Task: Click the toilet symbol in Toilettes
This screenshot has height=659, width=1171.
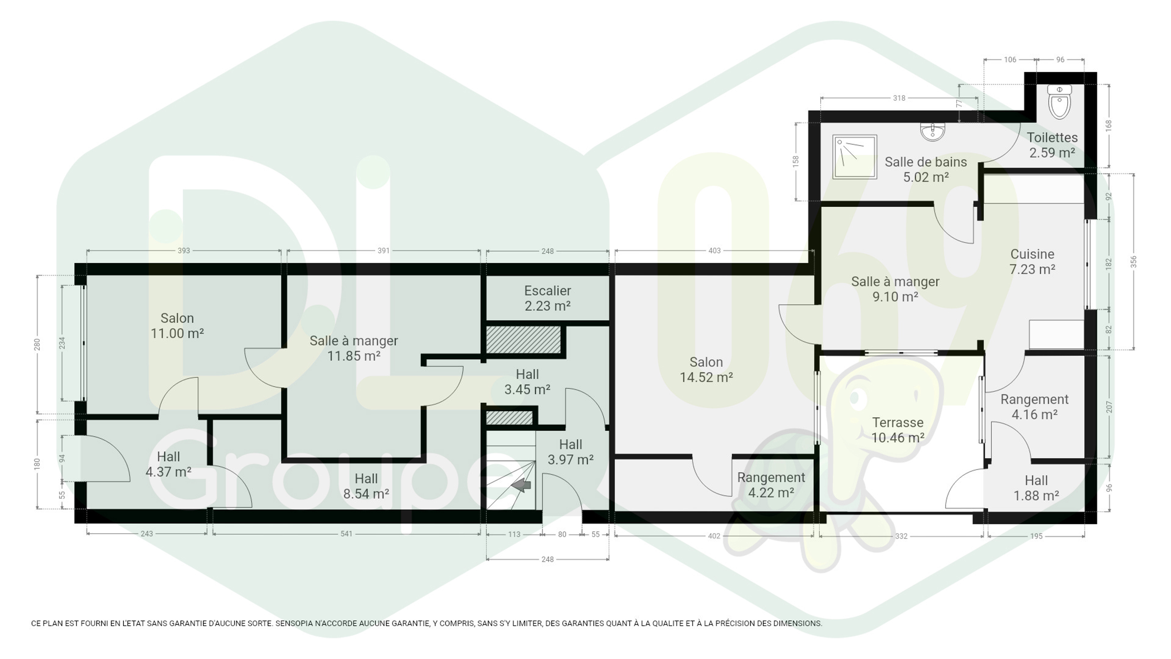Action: pos(1059,102)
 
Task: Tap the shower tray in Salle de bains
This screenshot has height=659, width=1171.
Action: pos(854,157)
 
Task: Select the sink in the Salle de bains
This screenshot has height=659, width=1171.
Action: pos(932,132)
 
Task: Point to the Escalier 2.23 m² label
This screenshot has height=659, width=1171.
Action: pos(548,298)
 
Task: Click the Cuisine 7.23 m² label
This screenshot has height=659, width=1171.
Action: pos(1032,261)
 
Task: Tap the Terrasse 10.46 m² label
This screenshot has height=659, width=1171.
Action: pos(897,430)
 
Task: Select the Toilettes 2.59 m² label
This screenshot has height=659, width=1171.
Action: pos(1052,145)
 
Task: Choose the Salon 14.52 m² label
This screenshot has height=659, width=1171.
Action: pos(706,369)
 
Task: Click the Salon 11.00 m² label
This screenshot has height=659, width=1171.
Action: pos(177,325)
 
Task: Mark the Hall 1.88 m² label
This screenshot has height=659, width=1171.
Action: pos(1036,488)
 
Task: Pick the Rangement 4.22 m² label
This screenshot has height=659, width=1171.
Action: pos(771,485)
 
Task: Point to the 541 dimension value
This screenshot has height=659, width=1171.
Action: pos(346,534)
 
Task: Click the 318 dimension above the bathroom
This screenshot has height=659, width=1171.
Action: pos(899,98)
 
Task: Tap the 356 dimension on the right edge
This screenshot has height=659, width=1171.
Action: pos(1133,262)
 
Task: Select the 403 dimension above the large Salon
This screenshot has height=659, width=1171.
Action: pos(714,251)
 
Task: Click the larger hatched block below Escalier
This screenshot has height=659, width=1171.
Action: pos(523,340)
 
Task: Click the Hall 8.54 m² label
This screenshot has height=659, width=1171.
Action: pos(366,486)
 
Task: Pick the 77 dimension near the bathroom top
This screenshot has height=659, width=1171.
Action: pos(959,103)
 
